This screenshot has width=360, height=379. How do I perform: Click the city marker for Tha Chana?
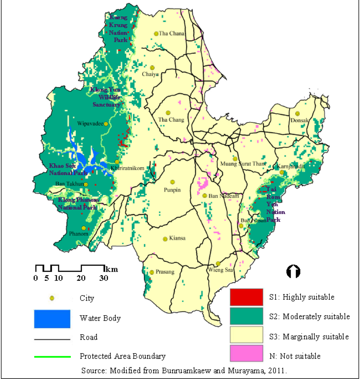click(x=156, y=33)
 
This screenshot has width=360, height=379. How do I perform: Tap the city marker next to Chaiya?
click(x=152, y=67)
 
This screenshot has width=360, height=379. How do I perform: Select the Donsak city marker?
click(x=298, y=113)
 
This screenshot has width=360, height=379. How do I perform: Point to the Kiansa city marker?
click(x=165, y=239)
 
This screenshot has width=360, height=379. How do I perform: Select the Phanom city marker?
click(x=84, y=228)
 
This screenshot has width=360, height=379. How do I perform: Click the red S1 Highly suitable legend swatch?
click(x=246, y=297)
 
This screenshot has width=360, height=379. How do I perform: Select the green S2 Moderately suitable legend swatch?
click(x=246, y=316)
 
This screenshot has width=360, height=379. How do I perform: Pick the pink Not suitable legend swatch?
click(x=246, y=353)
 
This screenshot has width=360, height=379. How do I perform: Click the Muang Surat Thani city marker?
click(x=235, y=159)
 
